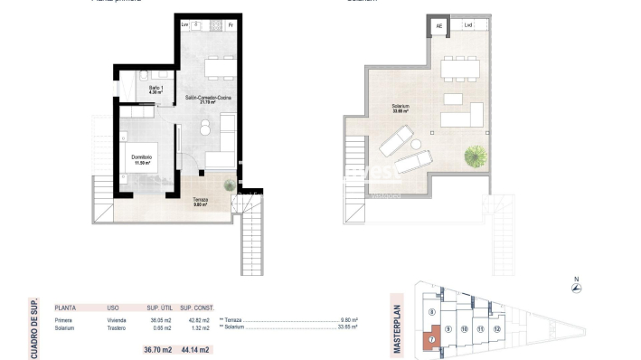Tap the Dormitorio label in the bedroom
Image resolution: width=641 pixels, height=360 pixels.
[140, 160]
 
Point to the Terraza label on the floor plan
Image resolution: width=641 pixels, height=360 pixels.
[200, 201]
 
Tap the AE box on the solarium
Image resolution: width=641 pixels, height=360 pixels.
[439, 27]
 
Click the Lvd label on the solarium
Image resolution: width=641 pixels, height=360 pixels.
[467, 27]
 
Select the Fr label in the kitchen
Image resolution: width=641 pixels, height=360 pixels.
[231, 24]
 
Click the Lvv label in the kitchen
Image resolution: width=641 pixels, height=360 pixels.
[186, 24]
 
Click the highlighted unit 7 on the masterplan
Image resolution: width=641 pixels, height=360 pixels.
[432, 340]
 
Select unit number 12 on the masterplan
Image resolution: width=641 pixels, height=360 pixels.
[498, 329]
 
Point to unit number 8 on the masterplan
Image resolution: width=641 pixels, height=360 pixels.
[432, 311]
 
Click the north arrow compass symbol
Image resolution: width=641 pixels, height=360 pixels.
[575, 289]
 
